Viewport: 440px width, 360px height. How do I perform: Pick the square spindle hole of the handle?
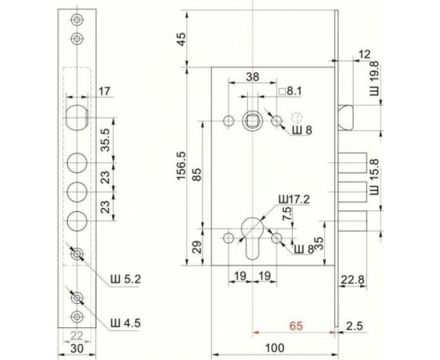tap(251, 121)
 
